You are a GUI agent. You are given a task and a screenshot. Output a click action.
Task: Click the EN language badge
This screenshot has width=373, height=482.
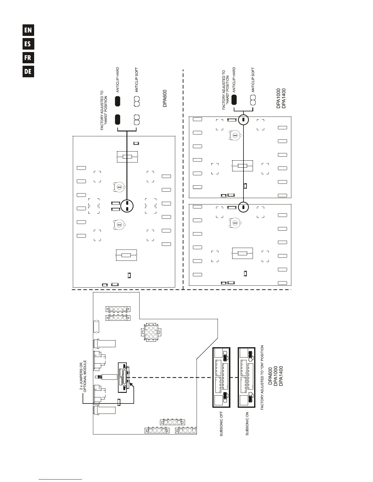coord(28,30)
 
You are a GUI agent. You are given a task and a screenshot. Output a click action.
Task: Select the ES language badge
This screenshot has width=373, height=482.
coord(28,44)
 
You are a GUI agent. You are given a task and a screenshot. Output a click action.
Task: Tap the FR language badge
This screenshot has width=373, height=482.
coord(28,58)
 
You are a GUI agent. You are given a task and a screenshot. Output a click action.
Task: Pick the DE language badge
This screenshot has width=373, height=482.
coord(28,72)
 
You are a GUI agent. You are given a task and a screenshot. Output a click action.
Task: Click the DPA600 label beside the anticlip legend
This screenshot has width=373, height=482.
coord(165,98)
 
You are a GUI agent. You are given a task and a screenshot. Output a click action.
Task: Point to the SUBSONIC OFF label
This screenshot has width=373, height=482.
coord(222,423)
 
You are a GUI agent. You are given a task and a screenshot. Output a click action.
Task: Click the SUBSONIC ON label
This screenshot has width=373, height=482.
coord(247,423)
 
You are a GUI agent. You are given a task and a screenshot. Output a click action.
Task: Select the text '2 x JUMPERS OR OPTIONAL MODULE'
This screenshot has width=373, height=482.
coord(83,376)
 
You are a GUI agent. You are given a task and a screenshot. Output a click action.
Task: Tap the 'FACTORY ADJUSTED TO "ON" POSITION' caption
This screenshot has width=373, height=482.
coord(262,377)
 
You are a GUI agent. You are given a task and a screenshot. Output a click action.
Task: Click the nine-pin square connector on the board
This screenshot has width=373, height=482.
coord(149,332)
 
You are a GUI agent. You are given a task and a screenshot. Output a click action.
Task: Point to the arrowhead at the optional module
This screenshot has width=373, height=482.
coord(132,385)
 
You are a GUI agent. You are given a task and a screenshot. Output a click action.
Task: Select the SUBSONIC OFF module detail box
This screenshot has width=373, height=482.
coord(221,377)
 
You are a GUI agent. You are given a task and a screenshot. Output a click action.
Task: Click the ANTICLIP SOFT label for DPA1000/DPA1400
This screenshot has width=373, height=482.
coord(253,80)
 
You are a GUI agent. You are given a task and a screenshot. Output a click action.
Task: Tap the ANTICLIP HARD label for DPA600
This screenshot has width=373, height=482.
coord(118,80)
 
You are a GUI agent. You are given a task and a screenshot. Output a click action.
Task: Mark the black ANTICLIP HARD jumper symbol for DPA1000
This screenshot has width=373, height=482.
coord(234,100)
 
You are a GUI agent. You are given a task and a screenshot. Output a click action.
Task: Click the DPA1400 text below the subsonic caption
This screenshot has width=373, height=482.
coord(281,376)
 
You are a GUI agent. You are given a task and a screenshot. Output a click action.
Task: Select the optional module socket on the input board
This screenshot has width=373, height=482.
coord(122,377)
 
